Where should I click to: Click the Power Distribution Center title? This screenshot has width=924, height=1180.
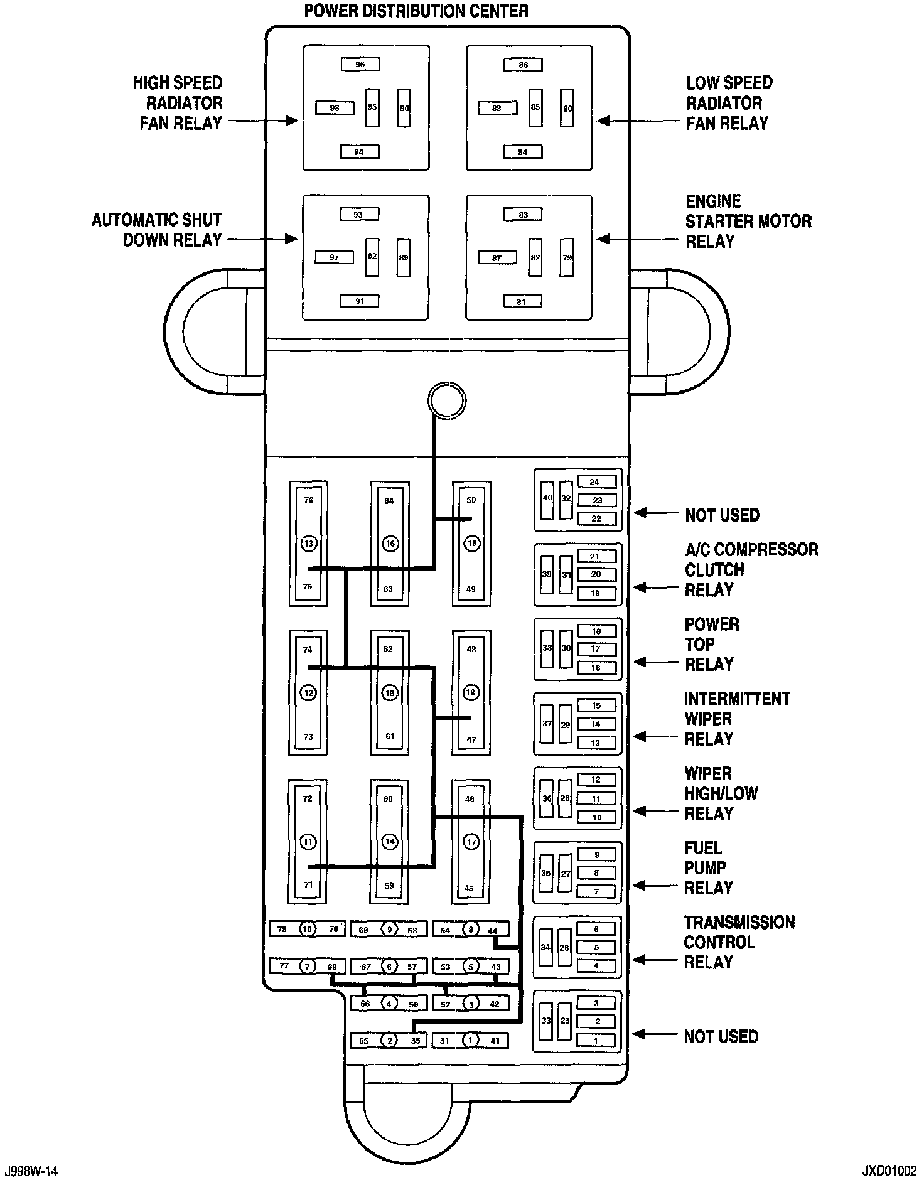pos(416,11)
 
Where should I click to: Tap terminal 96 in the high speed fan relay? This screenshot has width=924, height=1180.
pos(360,64)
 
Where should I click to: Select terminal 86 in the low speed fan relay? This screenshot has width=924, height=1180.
pos(524,64)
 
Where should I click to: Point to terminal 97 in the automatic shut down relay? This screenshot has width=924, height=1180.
pos(334,257)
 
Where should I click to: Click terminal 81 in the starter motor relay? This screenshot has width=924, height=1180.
pos(522,302)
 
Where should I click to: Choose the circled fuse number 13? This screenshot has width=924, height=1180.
pos(308,544)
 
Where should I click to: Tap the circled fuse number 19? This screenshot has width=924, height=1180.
pos(471,544)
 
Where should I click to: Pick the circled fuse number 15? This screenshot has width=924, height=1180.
pos(390,693)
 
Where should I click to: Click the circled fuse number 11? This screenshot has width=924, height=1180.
pos(308,842)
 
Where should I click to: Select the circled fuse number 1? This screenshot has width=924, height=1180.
pos(470,1041)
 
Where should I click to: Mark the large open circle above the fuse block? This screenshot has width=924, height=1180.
pos(446,400)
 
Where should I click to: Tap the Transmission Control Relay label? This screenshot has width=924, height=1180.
pos(739,942)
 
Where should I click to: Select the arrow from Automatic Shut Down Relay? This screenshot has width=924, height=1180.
pos(262,239)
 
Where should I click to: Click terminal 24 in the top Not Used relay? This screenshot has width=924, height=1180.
pos(594,482)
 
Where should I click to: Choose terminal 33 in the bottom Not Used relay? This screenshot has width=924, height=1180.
pos(546,1021)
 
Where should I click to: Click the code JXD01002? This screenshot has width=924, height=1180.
pos(889,1171)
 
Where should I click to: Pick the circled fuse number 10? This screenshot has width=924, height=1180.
pos(307,929)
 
